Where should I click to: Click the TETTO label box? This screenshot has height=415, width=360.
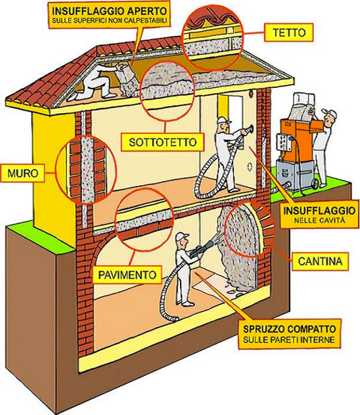(x=289, y=32)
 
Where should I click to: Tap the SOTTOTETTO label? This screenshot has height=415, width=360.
(x=163, y=143)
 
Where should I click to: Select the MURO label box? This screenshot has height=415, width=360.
(x=23, y=174)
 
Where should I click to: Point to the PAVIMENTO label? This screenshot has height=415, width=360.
(x=127, y=275)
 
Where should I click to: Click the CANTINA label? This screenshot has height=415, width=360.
(x=320, y=262)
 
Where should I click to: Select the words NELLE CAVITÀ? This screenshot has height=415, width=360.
(x=320, y=220)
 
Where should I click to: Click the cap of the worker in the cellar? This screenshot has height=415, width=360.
(x=182, y=236)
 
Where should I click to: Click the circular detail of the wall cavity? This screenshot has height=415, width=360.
(x=86, y=169)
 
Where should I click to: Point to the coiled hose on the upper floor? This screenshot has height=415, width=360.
(x=209, y=177)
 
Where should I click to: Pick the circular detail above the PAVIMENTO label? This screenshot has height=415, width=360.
(x=145, y=219)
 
